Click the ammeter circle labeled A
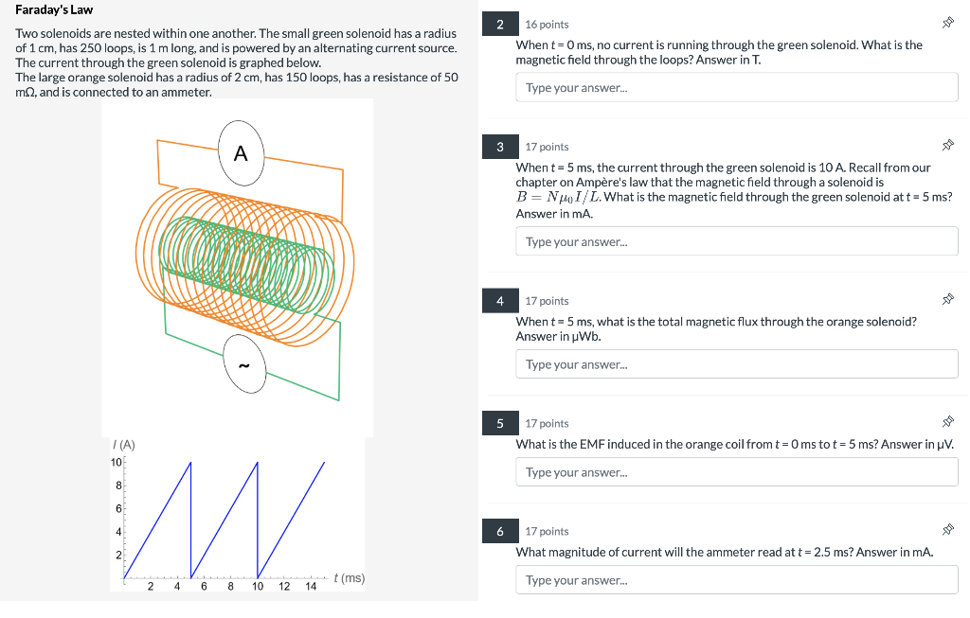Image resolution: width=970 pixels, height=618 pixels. (x=242, y=153)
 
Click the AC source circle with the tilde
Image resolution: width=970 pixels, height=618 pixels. (x=244, y=364)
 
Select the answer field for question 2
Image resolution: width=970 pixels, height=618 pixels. (x=737, y=87)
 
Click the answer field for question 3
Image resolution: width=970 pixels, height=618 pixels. (x=737, y=241)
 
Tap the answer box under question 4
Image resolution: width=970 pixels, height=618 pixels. (x=737, y=364)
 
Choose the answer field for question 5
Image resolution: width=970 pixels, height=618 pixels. (x=737, y=472)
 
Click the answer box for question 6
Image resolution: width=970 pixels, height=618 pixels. (x=737, y=580)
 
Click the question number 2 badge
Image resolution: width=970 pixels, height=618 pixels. (x=500, y=24)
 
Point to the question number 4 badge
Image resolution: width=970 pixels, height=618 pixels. (x=500, y=301)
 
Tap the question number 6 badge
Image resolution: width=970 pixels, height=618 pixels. (x=500, y=532)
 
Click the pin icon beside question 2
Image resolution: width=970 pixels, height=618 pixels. (x=947, y=23)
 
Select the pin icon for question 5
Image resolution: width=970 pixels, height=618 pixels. (x=947, y=422)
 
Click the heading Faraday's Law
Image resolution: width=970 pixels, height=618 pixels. (x=54, y=9)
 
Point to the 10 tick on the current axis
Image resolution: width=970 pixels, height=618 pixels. (x=117, y=462)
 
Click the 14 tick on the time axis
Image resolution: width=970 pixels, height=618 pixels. (x=311, y=586)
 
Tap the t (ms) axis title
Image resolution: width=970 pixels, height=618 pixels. (x=349, y=578)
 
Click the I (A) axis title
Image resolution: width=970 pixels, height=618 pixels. (x=124, y=445)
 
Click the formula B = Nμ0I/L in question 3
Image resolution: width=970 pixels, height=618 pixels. (x=558, y=197)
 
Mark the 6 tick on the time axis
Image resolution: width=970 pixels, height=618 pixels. (x=204, y=586)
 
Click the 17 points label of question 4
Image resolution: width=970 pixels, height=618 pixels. (x=547, y=301)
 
